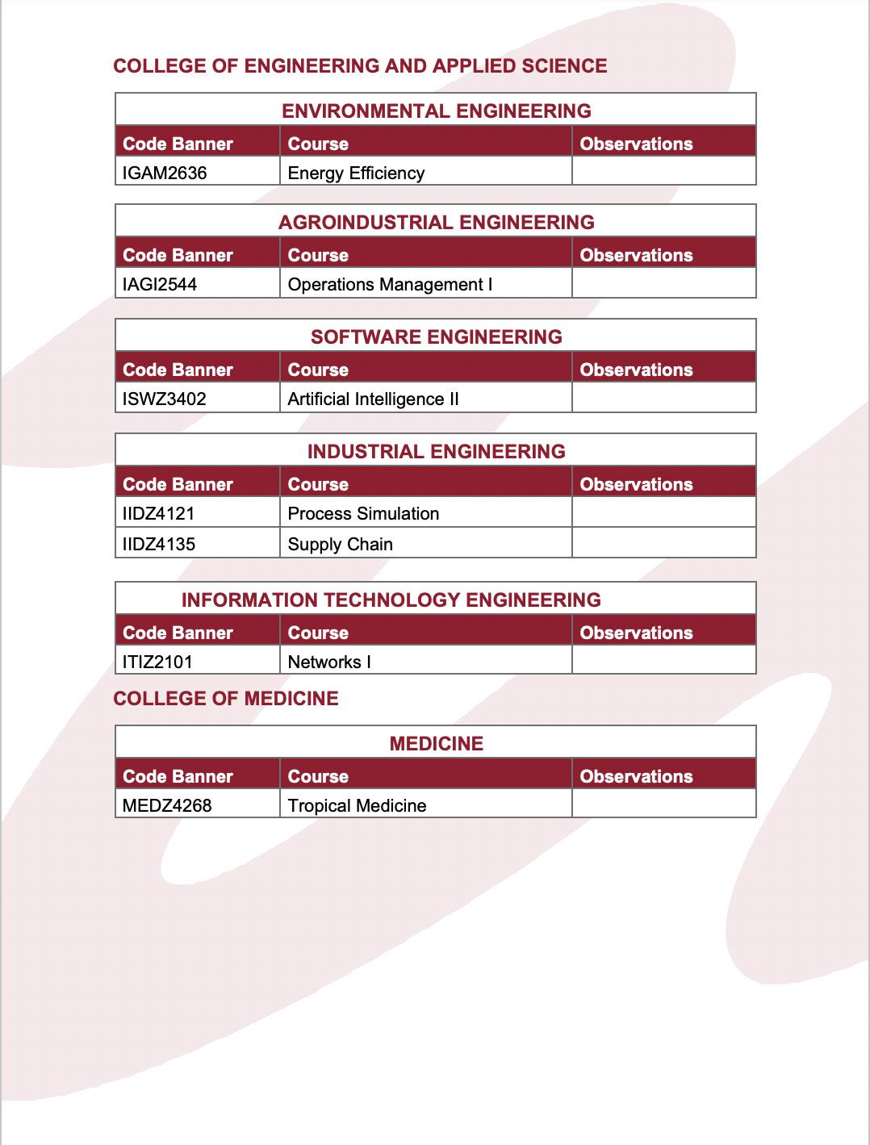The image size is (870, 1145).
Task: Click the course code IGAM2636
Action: tap(165, 173)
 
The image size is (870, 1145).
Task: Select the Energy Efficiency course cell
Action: tap(356, 173)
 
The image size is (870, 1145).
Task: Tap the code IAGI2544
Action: tap(160, 284)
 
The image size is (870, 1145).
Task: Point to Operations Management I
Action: tap(390, 284)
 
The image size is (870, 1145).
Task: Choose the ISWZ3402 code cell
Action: tap(165, 399)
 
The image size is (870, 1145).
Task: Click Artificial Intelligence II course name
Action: tap(373, 399)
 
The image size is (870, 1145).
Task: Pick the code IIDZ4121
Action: tap(159, 513)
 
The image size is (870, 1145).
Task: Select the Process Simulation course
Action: tap(363, 513)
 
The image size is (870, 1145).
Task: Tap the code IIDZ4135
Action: tap(159, 544)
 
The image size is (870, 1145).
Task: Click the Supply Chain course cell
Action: tap(340, 544)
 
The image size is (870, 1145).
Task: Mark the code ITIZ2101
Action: tap(157, 662)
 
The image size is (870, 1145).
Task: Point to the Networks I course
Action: tap(329, 662)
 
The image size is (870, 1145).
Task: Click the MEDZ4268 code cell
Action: tap(167, 805)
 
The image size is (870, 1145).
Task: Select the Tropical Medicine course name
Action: tap(357, 805)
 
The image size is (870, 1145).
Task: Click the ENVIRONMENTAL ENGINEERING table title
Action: tap(436, 111)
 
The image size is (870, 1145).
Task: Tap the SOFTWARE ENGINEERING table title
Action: tap(436, 336)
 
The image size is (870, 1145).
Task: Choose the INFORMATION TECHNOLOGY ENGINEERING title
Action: tap(391, 600)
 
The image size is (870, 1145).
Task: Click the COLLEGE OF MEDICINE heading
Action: tap(226, 698)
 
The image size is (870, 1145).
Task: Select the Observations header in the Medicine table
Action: tap(636, 776)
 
